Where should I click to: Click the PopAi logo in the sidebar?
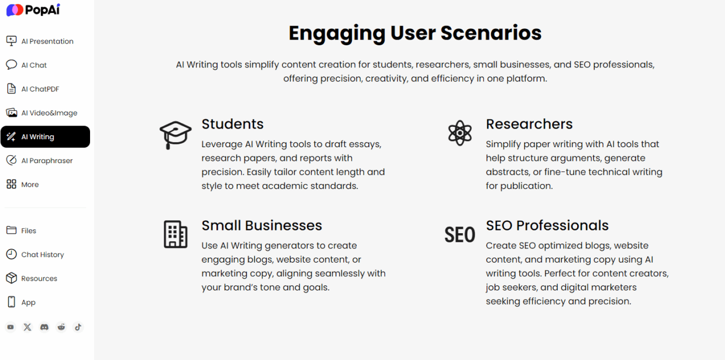click(33, 10)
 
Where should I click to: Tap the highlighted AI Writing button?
click(45, 136)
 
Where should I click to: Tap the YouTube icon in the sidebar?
click(10, 327)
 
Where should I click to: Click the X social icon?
click(27, 327)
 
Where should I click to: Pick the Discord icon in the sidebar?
click(44, 327)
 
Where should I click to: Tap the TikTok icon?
click(78, 327)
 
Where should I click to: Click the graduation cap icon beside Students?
click(176, 134)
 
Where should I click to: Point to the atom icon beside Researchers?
click(459, 132)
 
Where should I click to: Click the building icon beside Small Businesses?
click(176, 234)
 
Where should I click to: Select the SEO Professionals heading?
click(547, 225)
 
